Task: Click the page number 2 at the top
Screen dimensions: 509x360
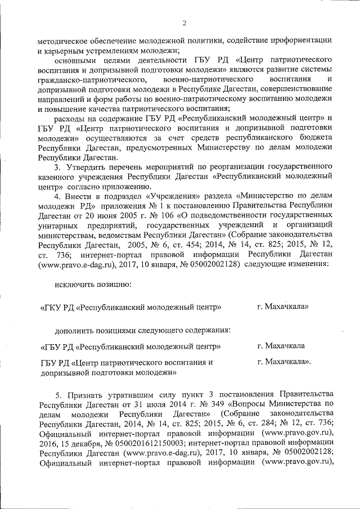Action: (x=184, y=22)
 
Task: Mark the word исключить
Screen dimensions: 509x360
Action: (x=75, y=285)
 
